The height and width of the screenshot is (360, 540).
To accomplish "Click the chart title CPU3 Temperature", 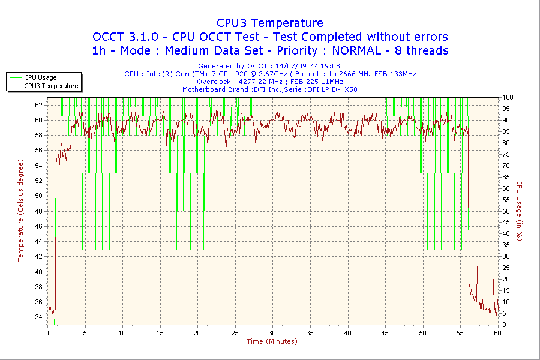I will pyautogui.click(x=270, y=23).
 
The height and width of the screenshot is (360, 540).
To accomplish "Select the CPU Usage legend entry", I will pyautogui.click(x=40, y=77).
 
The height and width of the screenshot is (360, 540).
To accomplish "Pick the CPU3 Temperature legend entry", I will pyautogui.click(x=51, y=86).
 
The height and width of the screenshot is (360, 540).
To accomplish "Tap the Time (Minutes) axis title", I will pyautogui.click(x=272, y=341).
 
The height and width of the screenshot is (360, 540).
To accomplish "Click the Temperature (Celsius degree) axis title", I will pyautogui.click(x=20, y=211).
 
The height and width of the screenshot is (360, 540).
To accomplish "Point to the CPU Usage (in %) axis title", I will pyautogui.click(x=520, y=211).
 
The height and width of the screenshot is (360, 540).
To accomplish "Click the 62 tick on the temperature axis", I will pyautogui.click(x=39, y=104).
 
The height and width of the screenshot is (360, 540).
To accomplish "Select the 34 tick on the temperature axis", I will pyautogui.click(x=39, y=317).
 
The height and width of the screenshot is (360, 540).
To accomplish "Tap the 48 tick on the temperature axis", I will pyautogui.click(x=39, y=211).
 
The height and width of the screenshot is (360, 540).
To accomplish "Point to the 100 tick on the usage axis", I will pyautogui.click(x=508, y=97).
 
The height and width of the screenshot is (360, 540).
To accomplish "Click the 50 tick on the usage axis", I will pyautogui.click(x=506, y=211).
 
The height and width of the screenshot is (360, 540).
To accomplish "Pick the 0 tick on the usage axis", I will pyautogui.click(x=504, y=325).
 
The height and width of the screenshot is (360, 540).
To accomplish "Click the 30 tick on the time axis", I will pyautogui.click(x=272, y=332).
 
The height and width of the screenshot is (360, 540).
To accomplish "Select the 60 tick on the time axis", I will pyautogui.click(x=497, y=332).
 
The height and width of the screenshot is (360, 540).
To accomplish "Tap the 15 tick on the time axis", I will pyautogui.click(x=160, y=332).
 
